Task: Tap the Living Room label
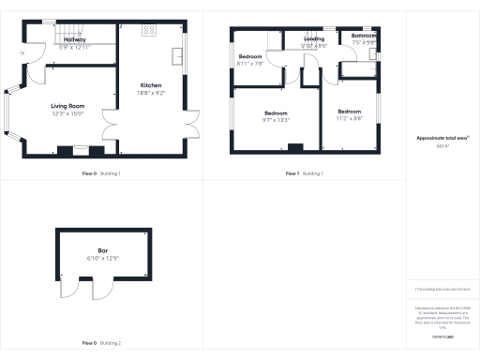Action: click(x=68, y=106)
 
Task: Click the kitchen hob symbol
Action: click(x=149, y=31)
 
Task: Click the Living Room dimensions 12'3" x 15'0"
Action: click(x=68, y=114)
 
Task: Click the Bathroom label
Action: click(x=364, y=36)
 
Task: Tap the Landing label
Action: click(x=314, y=38)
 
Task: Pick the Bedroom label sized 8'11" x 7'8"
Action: click(x=250, y=57)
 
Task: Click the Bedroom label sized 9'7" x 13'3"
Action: click(x=276, y=112)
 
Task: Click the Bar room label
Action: click(x=103, y=250)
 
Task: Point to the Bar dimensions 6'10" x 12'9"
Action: click(x=103, y=258)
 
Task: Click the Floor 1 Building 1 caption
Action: click(x=305, y=173)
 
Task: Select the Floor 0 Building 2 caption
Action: click(x=101, y=342)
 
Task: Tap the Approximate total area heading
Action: click(x=443, y=138)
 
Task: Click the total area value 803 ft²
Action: click(x=443, y=145)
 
